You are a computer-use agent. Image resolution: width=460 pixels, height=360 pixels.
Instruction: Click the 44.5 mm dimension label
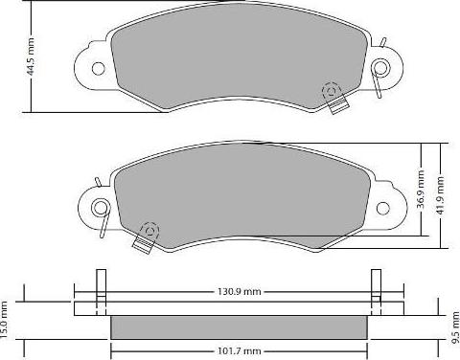(x=31, y=57)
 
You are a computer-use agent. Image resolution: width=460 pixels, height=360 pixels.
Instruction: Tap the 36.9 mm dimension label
(x=422, y=190)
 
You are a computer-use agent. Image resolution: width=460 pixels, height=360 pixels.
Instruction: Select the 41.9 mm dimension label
(x=441, y=195)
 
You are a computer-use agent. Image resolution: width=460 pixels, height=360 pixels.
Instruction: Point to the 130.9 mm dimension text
(x=240, y=291)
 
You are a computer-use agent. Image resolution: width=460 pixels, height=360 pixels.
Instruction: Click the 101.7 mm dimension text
(x=240, y=351)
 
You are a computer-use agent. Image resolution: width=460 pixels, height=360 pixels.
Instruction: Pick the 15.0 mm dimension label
(x=4, y=320)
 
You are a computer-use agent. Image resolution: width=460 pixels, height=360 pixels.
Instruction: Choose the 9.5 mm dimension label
(x=455, y=328)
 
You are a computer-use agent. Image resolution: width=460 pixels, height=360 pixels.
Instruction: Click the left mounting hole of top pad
(x=98, y=68)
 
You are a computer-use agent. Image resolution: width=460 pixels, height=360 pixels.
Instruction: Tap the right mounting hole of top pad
(x=381, y=67)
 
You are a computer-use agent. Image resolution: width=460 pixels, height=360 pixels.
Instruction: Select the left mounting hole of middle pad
(x=100, y=208)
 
